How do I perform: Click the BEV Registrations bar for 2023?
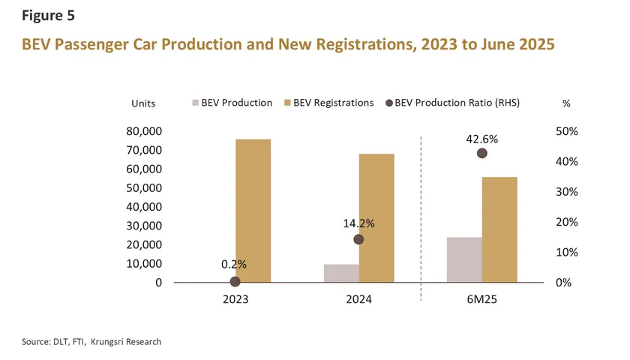pos(253,211)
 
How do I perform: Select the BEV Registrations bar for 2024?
pos(376,218)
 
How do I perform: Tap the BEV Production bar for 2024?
pos(341,273)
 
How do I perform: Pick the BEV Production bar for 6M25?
pos(464,259)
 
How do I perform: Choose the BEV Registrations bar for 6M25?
pos(499,229)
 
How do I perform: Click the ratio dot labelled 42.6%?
pos(482,153)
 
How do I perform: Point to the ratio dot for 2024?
pos(358,239)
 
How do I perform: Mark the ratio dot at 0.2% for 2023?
pos(235,281)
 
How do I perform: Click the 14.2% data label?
pos(358,223)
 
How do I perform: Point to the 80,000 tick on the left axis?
pos(141,131)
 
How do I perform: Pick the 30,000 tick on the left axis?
pos(141,226)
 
